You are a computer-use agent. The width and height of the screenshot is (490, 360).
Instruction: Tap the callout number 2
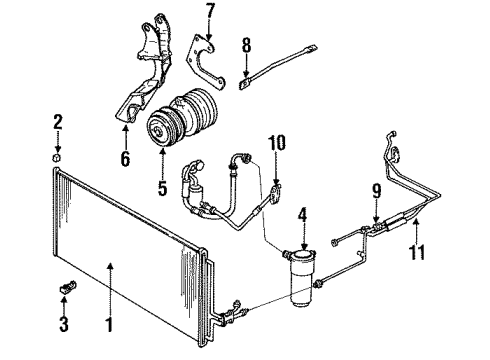click(58, 122)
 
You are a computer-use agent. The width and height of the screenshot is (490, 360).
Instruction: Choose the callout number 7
click(209, 12)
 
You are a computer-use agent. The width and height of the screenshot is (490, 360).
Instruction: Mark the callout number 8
click(247, 44)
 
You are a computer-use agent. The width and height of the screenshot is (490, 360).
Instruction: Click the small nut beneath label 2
click(58, 157)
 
